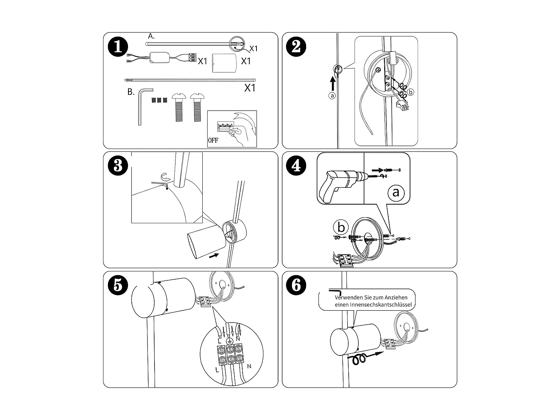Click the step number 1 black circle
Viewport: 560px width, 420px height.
pos(118,47)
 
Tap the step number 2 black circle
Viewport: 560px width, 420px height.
pos(296,47)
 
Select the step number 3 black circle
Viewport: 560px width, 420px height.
pos(118,165)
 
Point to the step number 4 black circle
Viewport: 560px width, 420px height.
pos(296,165)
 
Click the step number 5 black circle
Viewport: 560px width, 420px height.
pos(118,285)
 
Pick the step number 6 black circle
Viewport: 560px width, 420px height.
pos(296,285)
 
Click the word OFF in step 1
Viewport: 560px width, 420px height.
pos(213,140)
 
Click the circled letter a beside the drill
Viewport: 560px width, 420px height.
pos(396,192)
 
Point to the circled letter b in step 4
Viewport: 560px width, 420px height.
pos(341,227)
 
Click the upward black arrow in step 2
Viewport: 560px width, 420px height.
pos(333,84)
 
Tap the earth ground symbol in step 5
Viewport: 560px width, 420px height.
pos(230,341)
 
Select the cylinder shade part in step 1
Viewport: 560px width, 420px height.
pos(224,63)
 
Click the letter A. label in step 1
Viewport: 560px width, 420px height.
pos(151,36)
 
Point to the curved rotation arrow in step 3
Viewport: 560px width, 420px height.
pos(166,177)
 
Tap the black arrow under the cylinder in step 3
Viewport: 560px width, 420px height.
pos(214,255)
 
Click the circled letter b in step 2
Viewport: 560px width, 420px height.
pos(410,92)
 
